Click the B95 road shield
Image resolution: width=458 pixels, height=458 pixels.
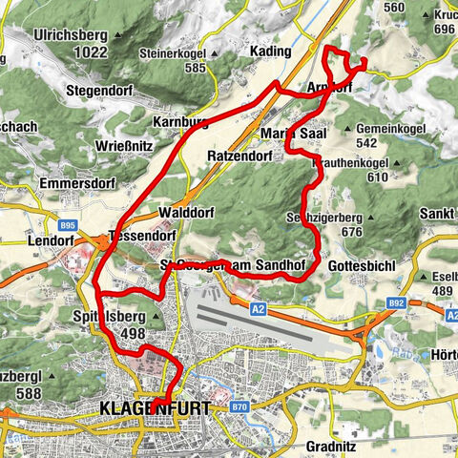pos(66,226)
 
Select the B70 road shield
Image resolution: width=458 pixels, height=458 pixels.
pos(239,406)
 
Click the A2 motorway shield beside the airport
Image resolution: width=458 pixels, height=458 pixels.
pos(259,309)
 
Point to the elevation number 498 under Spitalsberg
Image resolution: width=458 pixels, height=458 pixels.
pos(132,332)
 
